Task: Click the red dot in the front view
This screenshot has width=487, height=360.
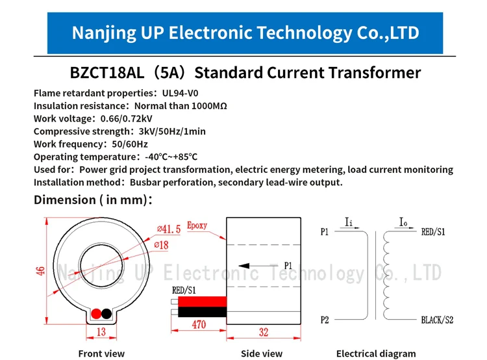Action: click(96, 314)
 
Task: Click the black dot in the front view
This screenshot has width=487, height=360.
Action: click(106, 314)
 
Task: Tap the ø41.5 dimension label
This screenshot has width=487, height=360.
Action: click(169, 229)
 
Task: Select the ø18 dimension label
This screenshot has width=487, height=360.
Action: click(161, 245)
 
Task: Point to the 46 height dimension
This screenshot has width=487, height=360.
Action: click(41, 271)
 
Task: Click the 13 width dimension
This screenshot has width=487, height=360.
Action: click(101, 331)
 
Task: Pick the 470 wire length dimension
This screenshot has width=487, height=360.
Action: click(199, 324)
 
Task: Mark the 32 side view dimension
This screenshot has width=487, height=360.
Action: click(264, 332)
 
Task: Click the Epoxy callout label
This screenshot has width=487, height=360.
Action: click(197, 225)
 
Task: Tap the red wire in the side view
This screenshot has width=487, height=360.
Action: click(202, 302)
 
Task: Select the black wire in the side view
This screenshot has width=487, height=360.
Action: click(202, 312)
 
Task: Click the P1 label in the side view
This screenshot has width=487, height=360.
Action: click(288, 266)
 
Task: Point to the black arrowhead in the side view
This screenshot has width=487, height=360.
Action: click(244, 266)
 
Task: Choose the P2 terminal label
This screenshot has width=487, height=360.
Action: click(325, 320)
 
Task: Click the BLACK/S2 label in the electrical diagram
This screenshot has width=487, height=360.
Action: click(437, 320)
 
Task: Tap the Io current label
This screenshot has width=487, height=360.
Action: click(403, 222)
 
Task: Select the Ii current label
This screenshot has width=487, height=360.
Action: click(349, 222)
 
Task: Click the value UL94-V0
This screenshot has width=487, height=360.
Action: click(180, 93)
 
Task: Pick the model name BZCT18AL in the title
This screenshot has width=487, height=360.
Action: click(107, 73)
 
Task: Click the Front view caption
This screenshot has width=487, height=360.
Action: click(101, 354)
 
